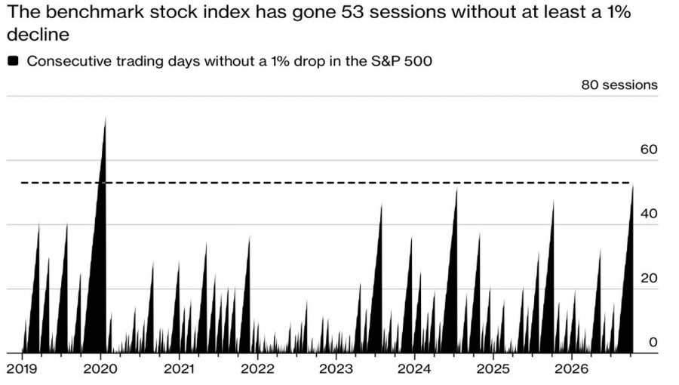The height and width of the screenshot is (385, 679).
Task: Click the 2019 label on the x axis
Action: (x=22, y=369)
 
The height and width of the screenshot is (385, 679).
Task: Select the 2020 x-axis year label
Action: (x=100, y=369)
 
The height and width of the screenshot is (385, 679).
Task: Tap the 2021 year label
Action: (x=179, y=369)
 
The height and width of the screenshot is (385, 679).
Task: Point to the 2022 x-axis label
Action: (x=257, y=369)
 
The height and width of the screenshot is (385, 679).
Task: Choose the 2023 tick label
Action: (x=336, y=369)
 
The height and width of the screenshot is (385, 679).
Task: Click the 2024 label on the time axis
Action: (x=414, y=369)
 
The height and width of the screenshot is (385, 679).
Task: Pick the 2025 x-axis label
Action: (x=493, y=369)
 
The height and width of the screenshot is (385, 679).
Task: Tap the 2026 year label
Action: (x=572, y=369)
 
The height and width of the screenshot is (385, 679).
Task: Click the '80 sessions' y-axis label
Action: (x=619, y=85)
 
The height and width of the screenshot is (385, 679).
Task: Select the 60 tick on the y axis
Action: (x=649, y=149)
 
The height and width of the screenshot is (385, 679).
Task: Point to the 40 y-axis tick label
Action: (x=649, y=214)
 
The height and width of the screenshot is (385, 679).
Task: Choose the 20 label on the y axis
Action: (x=649, y=278)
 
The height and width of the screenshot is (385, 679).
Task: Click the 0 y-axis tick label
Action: (x=653, y=342)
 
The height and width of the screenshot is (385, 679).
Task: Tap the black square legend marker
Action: (x=13, y=60)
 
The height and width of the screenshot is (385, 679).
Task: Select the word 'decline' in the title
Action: (x=38, y=35)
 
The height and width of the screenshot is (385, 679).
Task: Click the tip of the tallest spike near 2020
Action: (x=105, y=116)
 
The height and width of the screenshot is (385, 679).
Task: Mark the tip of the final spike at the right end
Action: (x=633, y=185)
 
